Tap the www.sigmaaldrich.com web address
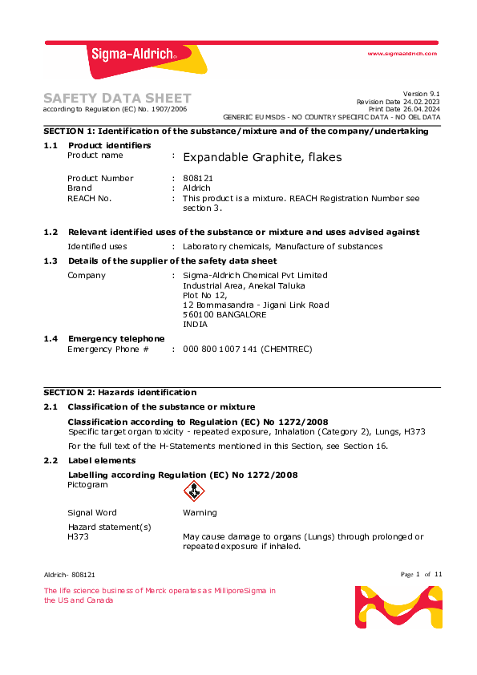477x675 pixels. [402, 53]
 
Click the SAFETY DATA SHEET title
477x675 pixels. [117, 98]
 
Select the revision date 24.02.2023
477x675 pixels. [422, 102]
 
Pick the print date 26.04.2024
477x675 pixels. [422, 109]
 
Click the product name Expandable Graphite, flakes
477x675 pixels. [262, 157]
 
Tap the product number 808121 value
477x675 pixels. [198, 178]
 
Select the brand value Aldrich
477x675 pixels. [196, 188]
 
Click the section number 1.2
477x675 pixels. [51, 232]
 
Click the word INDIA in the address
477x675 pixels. [195, 325]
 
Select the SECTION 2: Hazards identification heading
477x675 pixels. [119, 393]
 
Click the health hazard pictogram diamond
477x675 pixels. [194, 491]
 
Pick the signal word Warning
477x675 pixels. [200, 513]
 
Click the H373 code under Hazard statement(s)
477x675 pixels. [79, 537]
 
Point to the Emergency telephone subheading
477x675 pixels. [116, 339]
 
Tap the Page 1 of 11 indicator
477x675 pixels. [422, 574]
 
